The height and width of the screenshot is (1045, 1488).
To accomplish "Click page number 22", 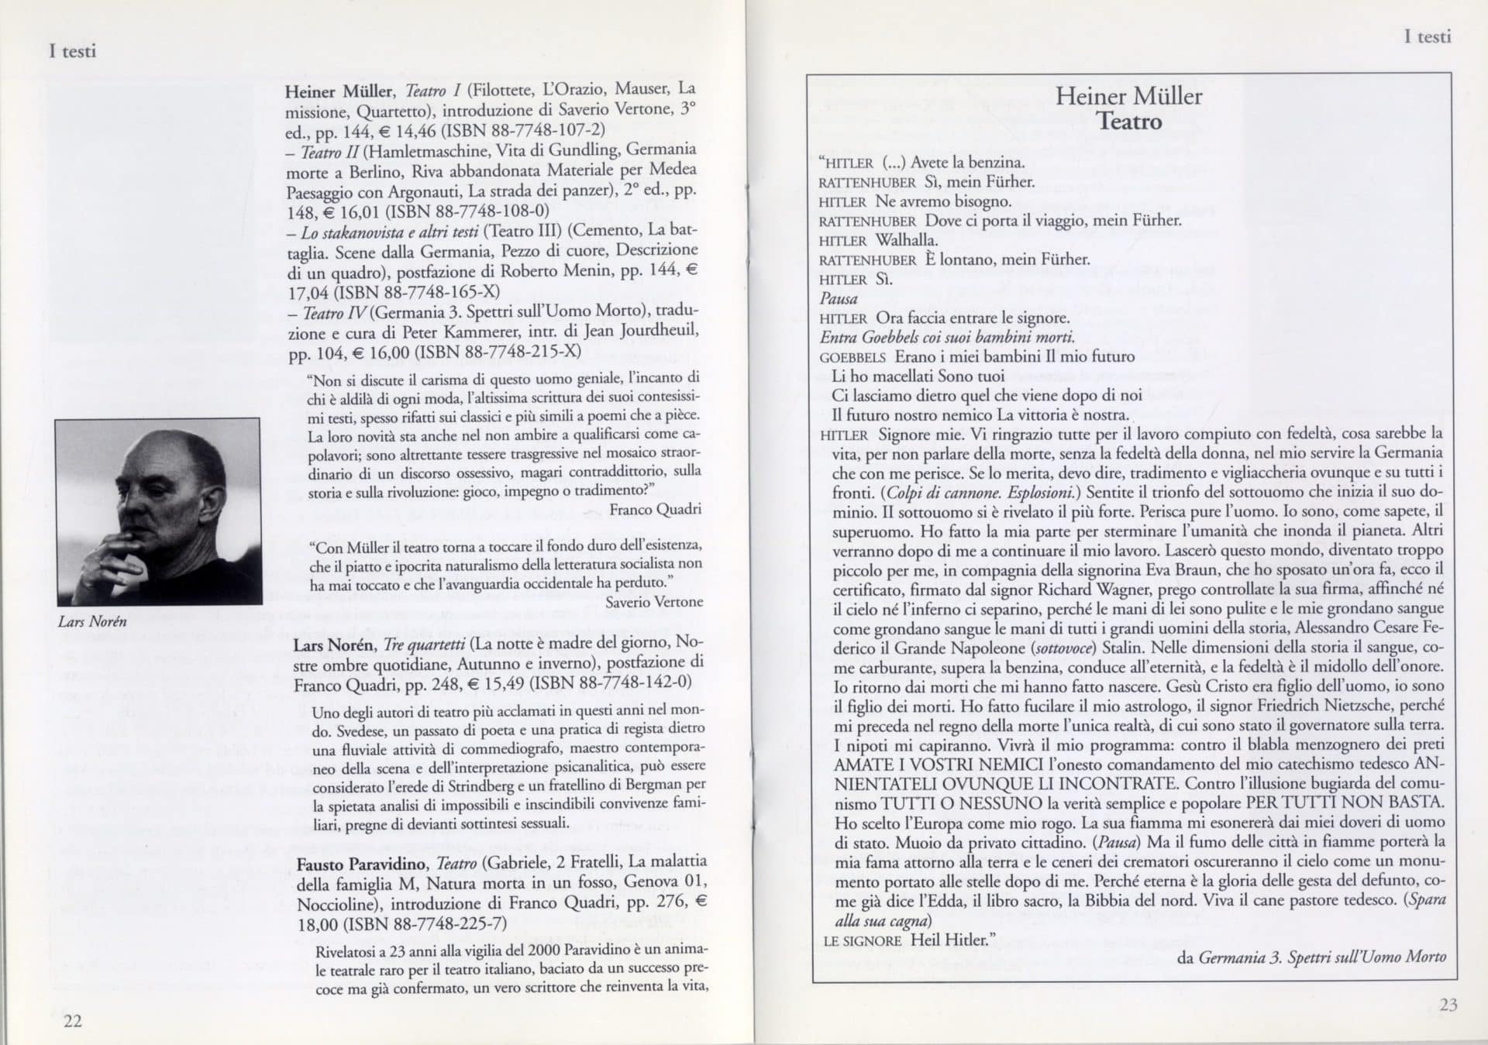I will pyautogui.click(x=72, y=1021).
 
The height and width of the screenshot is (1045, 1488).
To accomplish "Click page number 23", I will pyautogui.click(x=1448, y=1005).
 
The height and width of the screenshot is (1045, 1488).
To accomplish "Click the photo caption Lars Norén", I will pyautogui.click(x=92, y=621).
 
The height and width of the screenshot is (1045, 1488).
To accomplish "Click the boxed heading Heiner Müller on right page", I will pyautogui.click(x=1128, y=96).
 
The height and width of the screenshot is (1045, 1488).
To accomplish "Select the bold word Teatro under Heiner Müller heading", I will pyautogui.click(x=1129, y=122).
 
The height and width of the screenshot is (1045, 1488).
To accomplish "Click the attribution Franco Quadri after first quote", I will pyautogui.click(x=655, y=509).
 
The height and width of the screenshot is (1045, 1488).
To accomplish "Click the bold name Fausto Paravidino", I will pyautogui.click(x=362, y=862).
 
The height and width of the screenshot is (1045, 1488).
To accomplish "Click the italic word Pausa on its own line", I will pyautogui.click(x=839, y=299).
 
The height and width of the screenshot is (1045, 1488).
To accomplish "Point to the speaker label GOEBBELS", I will pyautogui.click(x=852, y=358).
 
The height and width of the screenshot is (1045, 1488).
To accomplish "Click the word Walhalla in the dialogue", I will pyautogui.click(x=906, y=240).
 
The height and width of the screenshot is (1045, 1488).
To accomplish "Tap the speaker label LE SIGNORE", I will pyautogui.click(x=862, y=941).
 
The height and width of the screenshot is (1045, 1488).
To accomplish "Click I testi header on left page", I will pyautogui.click(x=72, y=51).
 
